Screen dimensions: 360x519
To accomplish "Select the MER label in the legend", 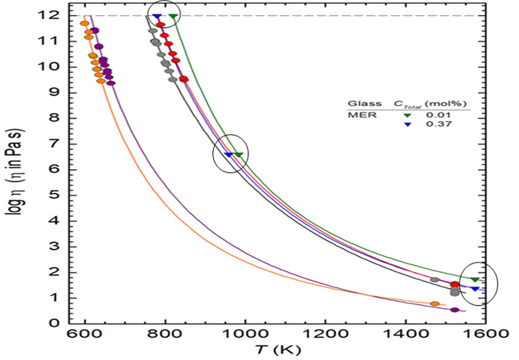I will [x=359, y=115].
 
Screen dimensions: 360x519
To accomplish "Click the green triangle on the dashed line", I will [x=173, y=16].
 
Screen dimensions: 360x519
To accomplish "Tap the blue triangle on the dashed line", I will [x=156, y=16].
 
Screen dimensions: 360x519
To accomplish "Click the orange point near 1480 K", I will [x=434, y=304].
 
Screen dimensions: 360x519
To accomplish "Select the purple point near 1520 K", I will [x=454, y=310].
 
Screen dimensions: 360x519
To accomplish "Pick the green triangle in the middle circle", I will [x=238, y=155].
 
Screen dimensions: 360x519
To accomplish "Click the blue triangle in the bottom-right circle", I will [x=475, y=288].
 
